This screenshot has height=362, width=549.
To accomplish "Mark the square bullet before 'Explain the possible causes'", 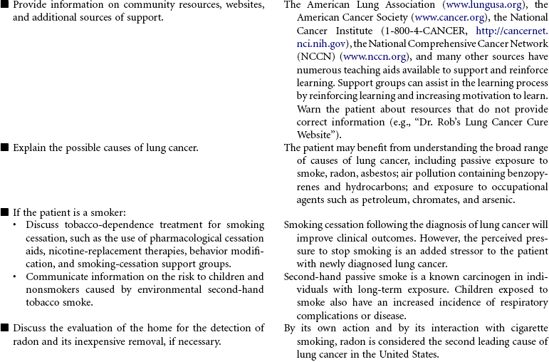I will [5, 148].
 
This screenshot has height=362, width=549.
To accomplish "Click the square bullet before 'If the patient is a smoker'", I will [5, 212].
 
